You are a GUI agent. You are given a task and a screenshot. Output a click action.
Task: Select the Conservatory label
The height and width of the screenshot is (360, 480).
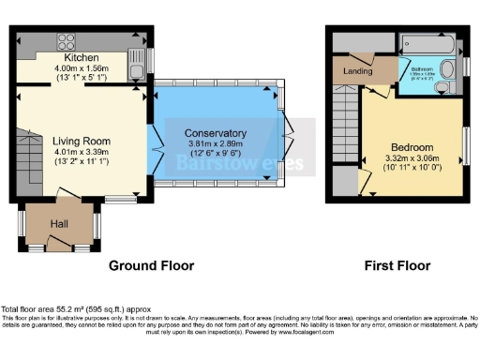click(x=216, y=132)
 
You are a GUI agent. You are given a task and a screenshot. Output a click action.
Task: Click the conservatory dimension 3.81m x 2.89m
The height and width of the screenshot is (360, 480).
click(x=216, y=142)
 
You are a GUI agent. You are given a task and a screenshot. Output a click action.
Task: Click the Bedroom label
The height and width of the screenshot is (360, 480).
click(x=412, y=147)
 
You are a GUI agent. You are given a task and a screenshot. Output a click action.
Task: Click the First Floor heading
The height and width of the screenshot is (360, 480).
click(x=397, y=265)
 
